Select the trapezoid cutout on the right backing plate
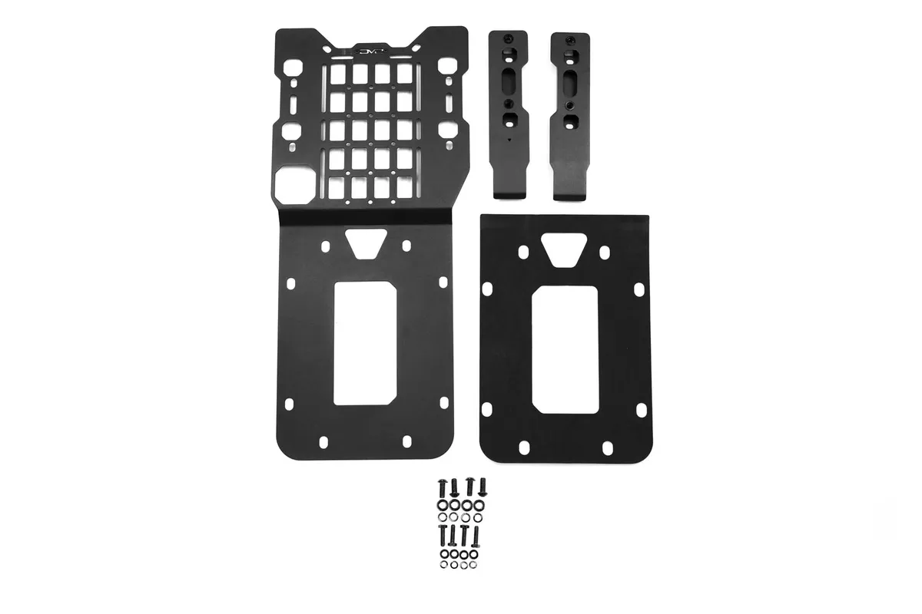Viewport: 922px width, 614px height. click(x=566, y=250)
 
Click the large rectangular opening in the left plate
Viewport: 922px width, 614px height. click(x=365, y=342)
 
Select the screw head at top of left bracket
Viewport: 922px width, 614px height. click(x=509, y=38)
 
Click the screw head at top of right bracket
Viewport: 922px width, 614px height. click(x=569, y=39)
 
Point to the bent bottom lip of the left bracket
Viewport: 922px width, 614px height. click(x=508, y=193)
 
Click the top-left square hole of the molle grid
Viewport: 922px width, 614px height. click(x=338, y=73)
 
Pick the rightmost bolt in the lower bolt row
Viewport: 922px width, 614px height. click(x=476, y=533)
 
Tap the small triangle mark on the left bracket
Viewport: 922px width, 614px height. click(x=509, y=140)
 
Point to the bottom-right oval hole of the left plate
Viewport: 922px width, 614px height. click(x=404, y=441)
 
